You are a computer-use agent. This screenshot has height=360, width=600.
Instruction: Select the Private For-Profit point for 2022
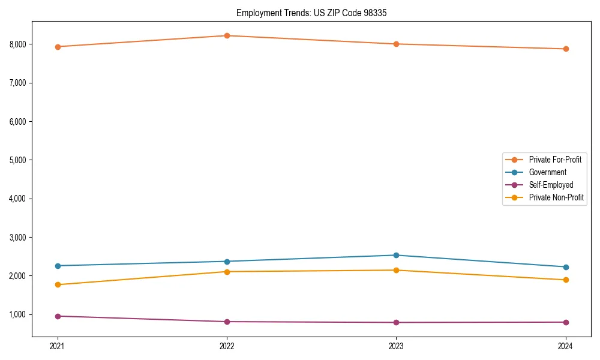pos(227,35)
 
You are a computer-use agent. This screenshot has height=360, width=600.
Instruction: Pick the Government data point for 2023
pos(396,255)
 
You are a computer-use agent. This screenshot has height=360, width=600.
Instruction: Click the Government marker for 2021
pos(58,266)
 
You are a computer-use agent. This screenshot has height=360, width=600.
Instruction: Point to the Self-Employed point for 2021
pos(58,316)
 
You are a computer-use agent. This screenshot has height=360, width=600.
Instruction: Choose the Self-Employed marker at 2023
pos(396,322)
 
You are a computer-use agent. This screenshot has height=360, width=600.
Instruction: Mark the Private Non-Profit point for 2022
pos(227,272)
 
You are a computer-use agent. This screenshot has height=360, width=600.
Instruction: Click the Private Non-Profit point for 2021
pos(58,284)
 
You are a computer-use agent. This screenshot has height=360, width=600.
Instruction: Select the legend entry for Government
pos(547,172)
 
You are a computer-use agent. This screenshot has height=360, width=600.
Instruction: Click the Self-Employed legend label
pos(551,185)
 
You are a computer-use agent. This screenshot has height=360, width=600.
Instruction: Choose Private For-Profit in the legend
pos(555,160)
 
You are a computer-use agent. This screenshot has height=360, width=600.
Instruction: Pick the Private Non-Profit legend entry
pos(556,197)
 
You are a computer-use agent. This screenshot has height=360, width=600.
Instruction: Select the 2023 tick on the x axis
pos(396,346)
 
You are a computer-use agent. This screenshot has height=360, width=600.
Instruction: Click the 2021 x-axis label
pos(58,346)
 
